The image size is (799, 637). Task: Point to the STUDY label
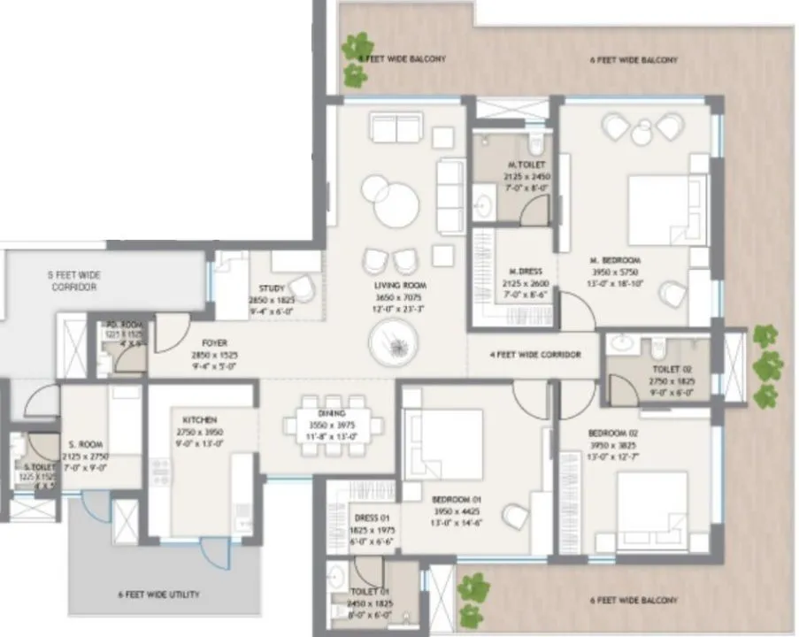[x=271, y=288]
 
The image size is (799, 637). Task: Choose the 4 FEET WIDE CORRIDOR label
[x=535, y=355]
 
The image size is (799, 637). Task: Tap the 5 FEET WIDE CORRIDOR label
[x=72, y=281]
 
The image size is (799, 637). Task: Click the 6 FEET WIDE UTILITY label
[x=158, y=594]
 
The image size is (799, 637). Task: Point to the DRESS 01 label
[x=373, y=518]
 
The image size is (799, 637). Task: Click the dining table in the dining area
[x=334, y=426]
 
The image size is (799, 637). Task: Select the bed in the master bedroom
[x=668, y=210]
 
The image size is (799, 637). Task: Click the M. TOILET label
[x=526, y=165]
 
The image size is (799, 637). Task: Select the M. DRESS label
[x=525, y=271]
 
